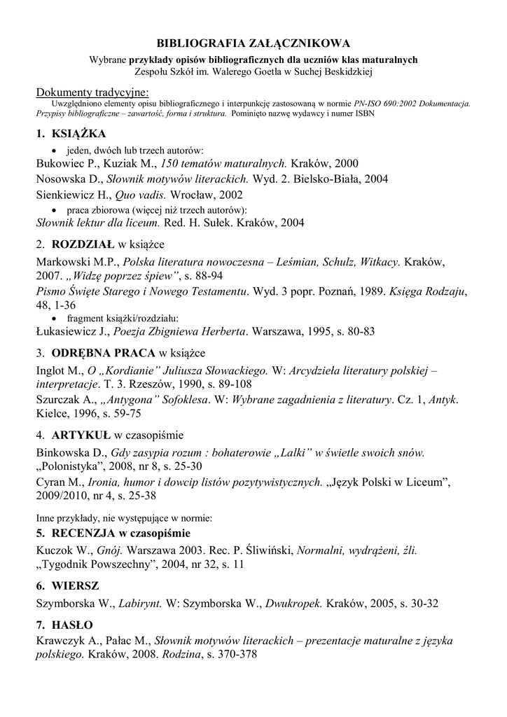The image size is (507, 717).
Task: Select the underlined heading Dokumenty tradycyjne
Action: pyautogui.click(x=92, y=92)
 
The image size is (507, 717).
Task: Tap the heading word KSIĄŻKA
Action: pyautogui.click(x=79, y=134)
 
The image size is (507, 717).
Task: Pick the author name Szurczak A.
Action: pyautogui.click(x=64, y=400)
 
